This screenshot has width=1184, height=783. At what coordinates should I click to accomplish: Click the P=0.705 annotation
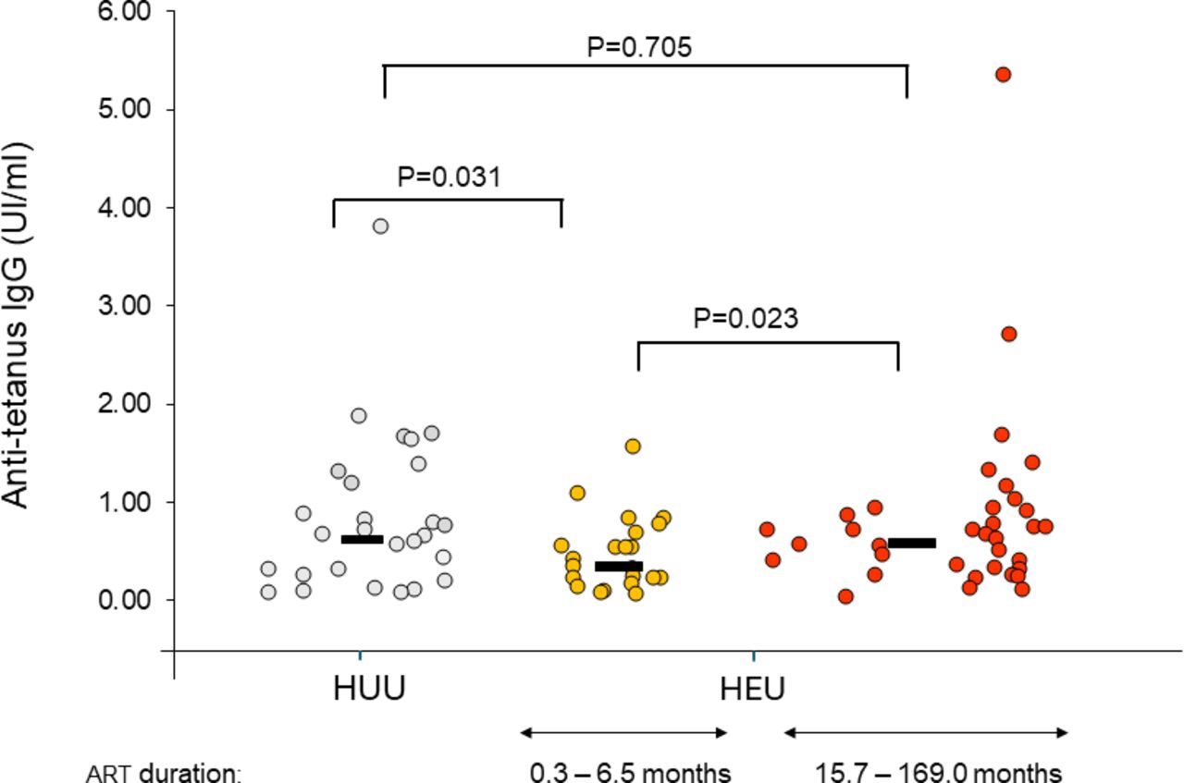coord(639,47)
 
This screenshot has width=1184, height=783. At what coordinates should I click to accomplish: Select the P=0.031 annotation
coord(449,177)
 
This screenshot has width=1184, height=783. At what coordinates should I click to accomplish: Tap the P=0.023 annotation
coord(746,319)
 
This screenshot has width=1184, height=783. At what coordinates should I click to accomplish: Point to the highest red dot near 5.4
coord(1003,75)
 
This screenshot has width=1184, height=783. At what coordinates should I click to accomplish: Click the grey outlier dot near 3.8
coord(380,226)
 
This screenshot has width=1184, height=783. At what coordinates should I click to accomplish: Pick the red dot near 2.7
coord(1009,334)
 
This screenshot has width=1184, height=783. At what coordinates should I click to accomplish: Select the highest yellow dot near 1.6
coord(633,447)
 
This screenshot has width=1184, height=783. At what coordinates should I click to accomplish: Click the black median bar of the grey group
coord(362,539)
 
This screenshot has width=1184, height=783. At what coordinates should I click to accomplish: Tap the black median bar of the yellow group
coord(618,566)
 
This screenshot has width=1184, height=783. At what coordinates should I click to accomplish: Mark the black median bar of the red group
coord(911,543)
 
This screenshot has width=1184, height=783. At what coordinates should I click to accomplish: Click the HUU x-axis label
coord(370,691)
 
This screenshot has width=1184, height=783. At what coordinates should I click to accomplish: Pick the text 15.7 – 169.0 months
coord(938,771)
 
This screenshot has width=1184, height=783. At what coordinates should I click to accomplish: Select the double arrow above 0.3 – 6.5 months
coord(623,733)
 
